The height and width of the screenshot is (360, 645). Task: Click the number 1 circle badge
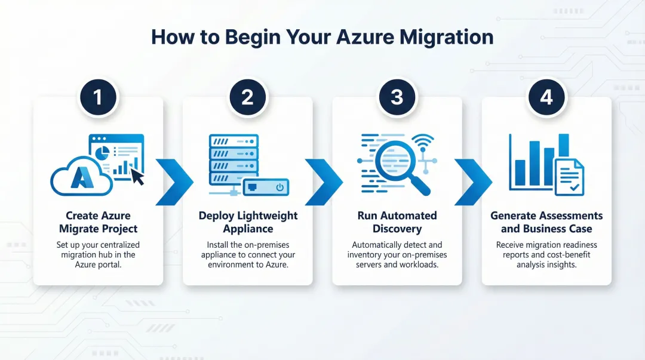pos(98,97)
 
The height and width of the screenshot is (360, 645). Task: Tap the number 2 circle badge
pos(247,97)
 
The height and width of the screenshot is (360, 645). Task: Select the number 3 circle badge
pos(397,97)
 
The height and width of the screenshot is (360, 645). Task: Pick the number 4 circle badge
pos(546,97)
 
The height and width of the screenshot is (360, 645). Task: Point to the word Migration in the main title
pos(447,37)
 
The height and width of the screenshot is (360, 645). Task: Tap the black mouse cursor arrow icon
pos(138,176)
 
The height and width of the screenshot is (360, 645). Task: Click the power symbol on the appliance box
pos(279,187)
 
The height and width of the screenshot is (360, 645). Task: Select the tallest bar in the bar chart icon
pos(563,156)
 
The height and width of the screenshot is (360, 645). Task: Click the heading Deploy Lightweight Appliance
pos(248,222)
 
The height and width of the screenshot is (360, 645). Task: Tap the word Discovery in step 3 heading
pos(397,229)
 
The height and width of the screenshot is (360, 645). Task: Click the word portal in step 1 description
pos(108,264)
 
